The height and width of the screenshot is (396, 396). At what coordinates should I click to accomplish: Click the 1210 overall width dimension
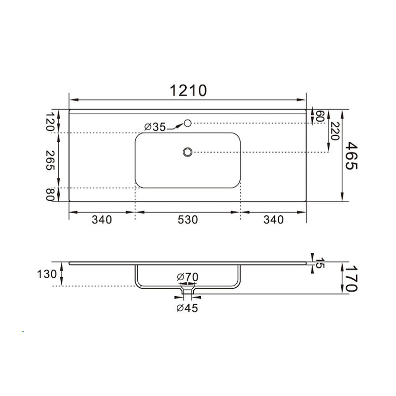coord(188,90)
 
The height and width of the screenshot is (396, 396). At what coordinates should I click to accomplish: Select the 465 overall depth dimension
coord(352,155)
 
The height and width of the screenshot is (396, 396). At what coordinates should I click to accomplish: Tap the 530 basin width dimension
coord(188,220)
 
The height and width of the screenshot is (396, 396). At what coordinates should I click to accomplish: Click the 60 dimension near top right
coord(319,116)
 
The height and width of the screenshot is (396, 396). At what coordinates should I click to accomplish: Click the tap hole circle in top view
coord(188,123)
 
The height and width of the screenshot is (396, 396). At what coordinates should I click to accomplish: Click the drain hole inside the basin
coord(188,152)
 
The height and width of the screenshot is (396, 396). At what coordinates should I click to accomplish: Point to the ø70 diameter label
coord(188,277)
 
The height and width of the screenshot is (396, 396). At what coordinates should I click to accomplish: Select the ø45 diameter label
coord(188,308)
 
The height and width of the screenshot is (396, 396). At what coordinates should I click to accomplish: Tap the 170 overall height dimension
coord(352,278)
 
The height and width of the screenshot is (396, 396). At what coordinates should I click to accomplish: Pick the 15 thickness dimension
coord(319,264)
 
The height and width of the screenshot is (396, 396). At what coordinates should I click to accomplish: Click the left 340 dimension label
coord(102,220)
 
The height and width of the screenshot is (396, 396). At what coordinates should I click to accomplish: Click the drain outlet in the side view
coord(188,291)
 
